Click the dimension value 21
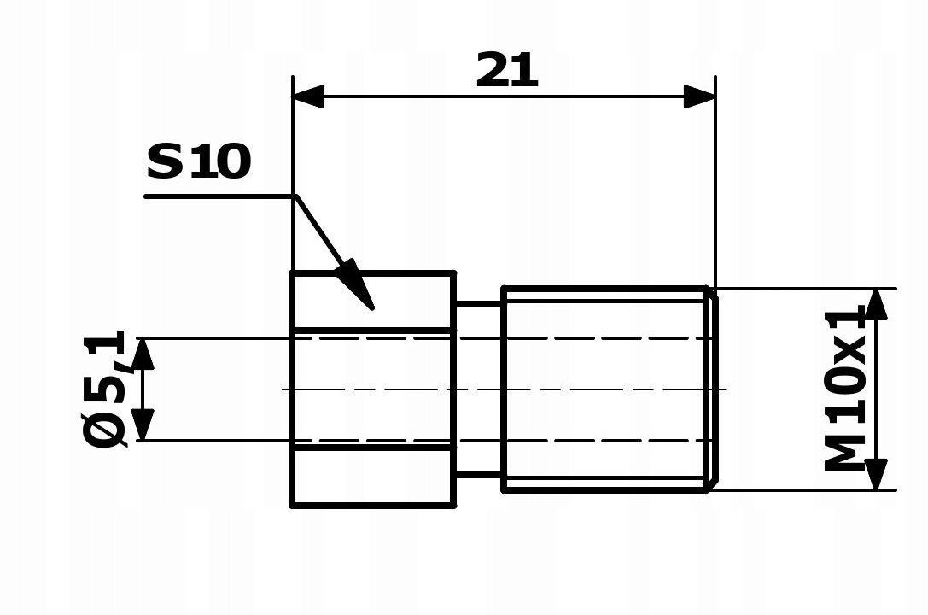pos(507,71)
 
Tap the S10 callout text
pos(199,162)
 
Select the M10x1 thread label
pos(845,390)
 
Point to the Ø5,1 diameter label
pos(106,389)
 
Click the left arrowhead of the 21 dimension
pos(308,97)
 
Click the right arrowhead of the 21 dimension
pos(699,97)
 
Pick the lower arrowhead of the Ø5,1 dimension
pos(143,425)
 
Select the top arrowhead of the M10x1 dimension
pos(876,304)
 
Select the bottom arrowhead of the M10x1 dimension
pos(876,475)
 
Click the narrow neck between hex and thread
pos(478,389)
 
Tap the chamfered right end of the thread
pos(711,389)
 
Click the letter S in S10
pos(165,162)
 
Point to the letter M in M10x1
pos(845,454)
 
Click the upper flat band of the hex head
pos(373,301)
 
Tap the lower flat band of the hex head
pos(373,477)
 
